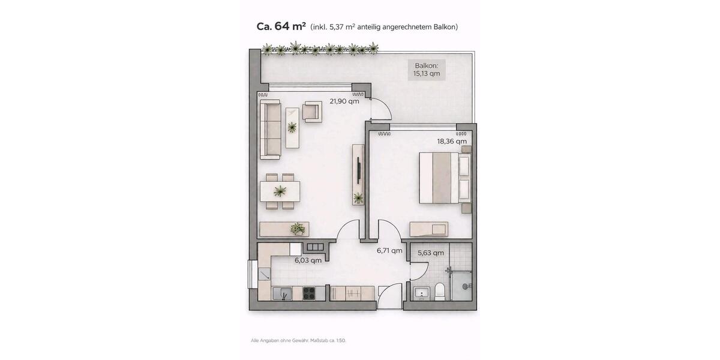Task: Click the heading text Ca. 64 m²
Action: (281, 26)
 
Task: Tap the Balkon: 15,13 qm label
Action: (427, 70)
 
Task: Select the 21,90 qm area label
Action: (344, 101)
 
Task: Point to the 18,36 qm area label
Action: (452, 142)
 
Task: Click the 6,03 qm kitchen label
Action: (308, 260)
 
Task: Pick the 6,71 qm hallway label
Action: (389, 251)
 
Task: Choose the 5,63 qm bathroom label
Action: (431, 253)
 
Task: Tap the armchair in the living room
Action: (313, 112)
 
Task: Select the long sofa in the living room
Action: (271, 129)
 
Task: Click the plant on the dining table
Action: (280, 191)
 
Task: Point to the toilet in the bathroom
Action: (440, 292)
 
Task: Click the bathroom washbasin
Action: (422, 293)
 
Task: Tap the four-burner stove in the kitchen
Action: (309, 293)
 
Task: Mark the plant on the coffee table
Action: (292, 127)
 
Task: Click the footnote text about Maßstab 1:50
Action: (298, 340)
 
